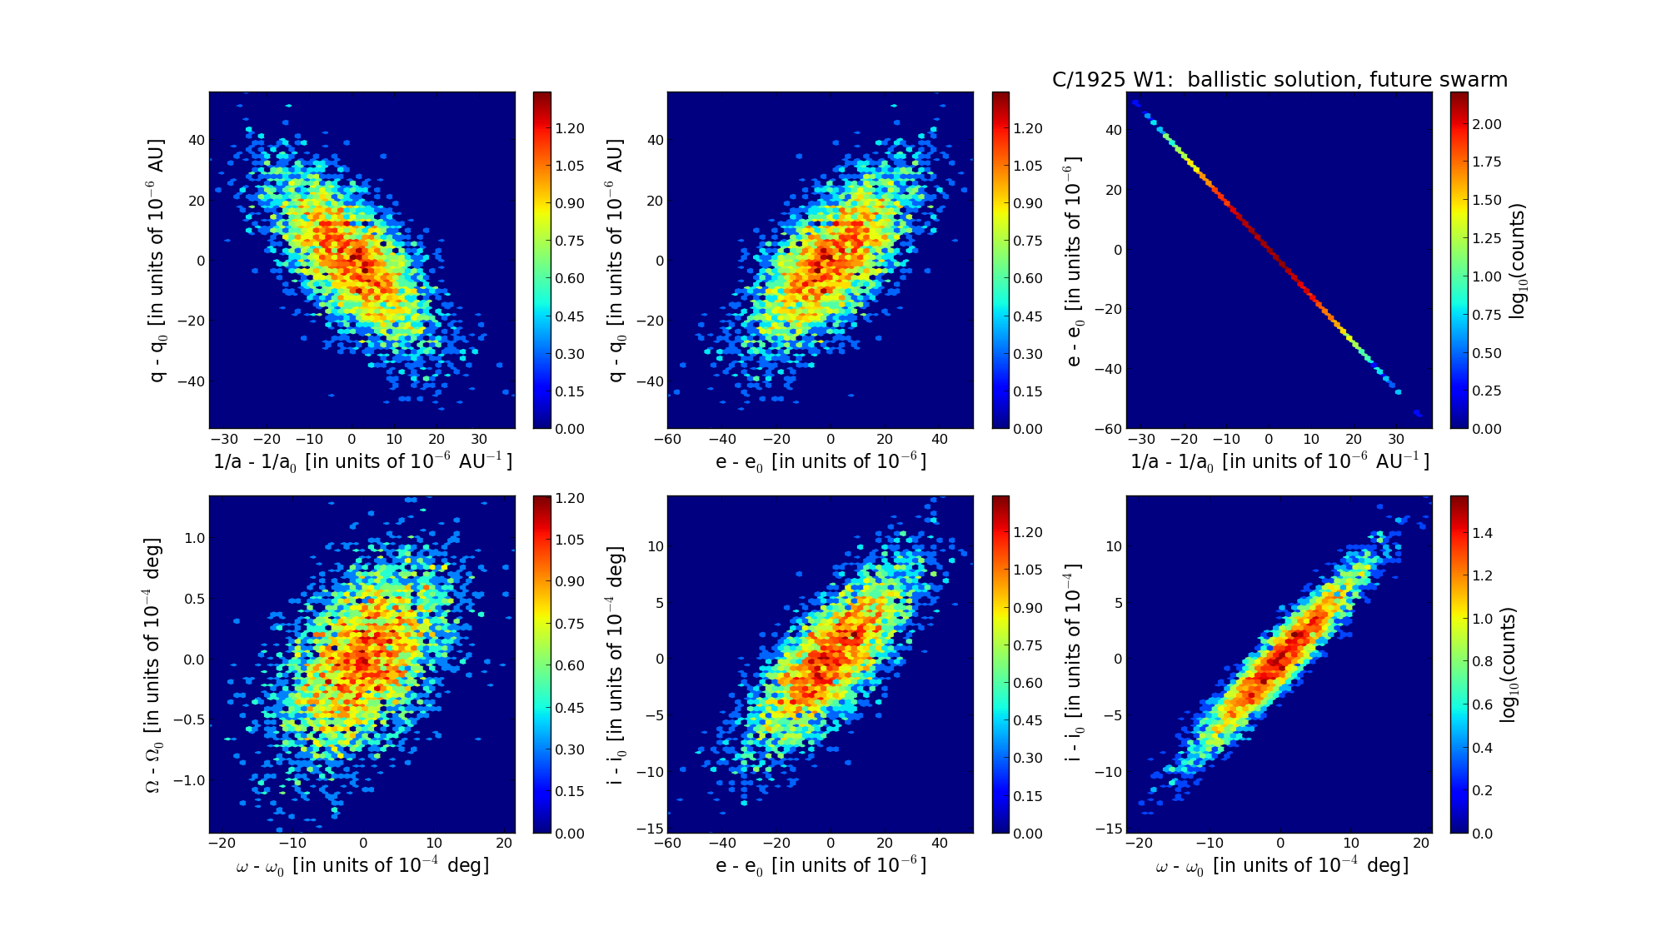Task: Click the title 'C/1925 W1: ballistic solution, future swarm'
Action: [x=1279, y=80]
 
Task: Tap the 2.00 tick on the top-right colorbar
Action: [x=1487, y=124]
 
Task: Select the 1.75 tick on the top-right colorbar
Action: [x=1487, y=162]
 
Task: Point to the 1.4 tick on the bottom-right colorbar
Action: [x=1483, y=533]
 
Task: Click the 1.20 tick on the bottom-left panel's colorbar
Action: [x=570, y=498]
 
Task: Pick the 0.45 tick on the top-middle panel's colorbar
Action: [x=1029, y=316]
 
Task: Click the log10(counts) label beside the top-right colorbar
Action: [x=1518, y=261]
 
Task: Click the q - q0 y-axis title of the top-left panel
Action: [x=156, y=261]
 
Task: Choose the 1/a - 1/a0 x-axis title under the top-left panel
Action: [x=362, y=461]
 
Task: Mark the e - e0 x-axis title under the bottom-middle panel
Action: [x=821, y=865]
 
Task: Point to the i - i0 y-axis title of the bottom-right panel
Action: [x=1074, y=665]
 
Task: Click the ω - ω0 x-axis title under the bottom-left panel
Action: [x=362, y=866]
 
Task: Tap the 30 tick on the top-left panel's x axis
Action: [x=479, y=440]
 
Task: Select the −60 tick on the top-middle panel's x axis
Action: [x=668, y=440]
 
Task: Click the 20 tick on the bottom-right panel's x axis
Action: [x=1421, y=844]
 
